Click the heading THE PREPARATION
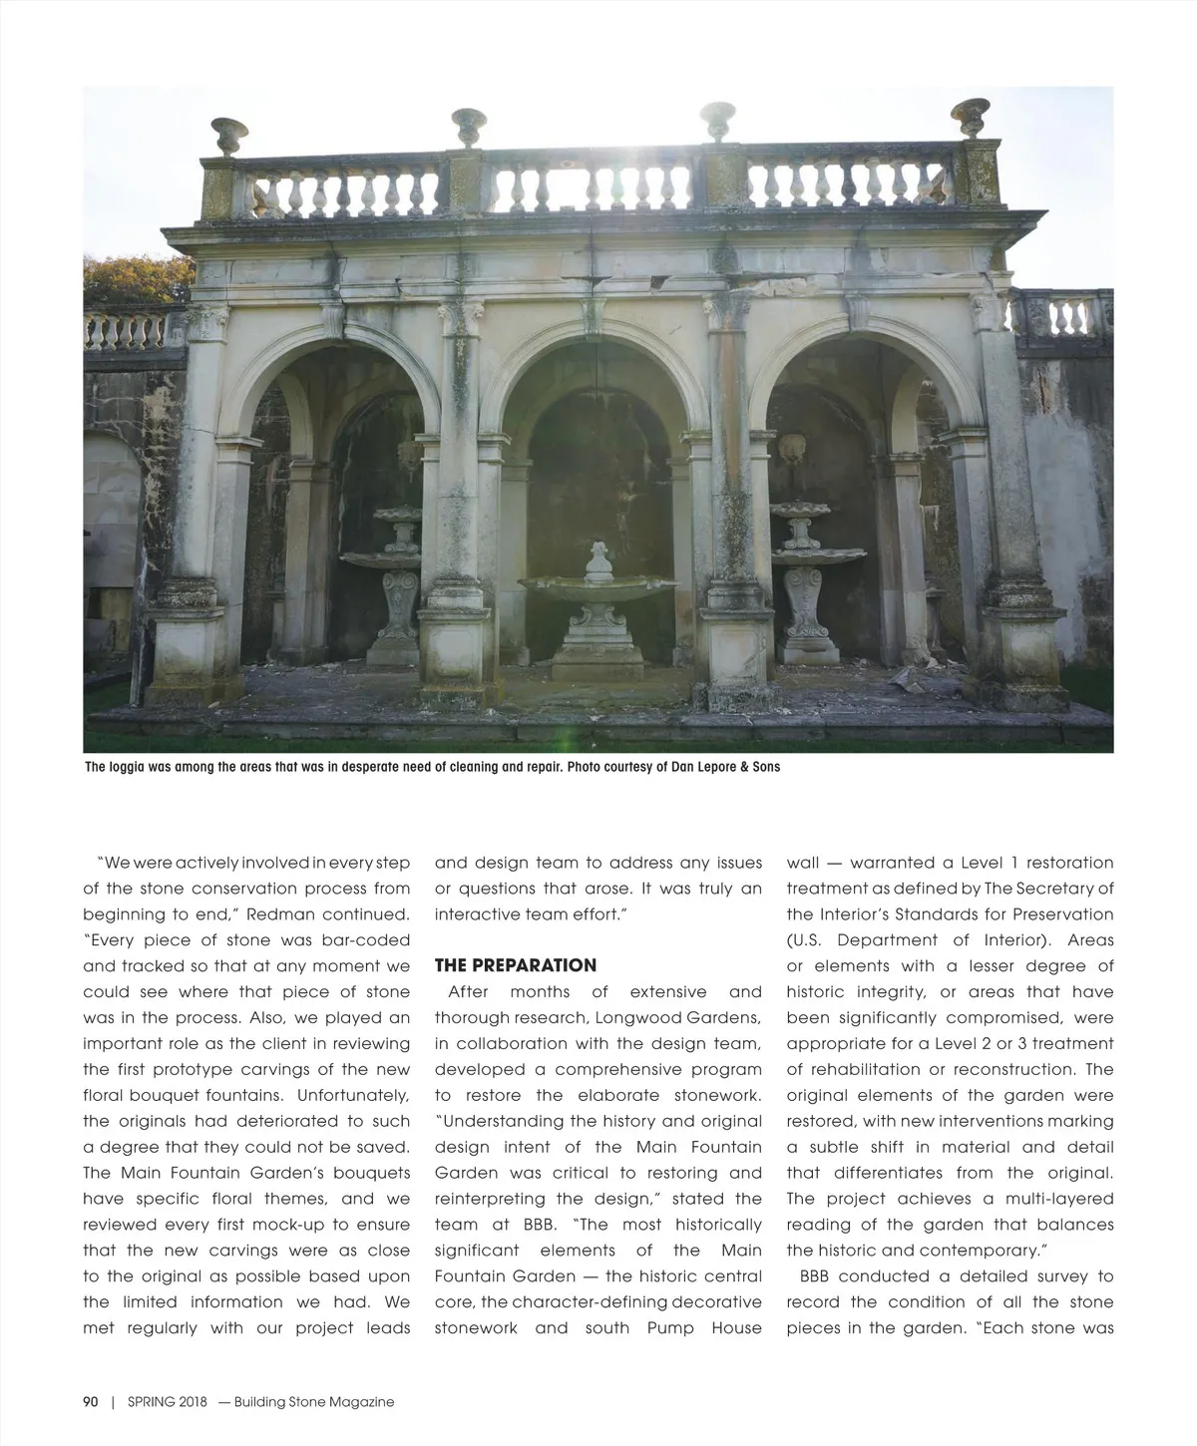click(516, 965)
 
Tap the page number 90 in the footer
click(91, 1401)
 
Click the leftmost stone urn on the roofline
click(228, 137)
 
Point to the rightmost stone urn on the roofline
click(970, 117)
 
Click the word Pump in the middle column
click(670, 1328)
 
